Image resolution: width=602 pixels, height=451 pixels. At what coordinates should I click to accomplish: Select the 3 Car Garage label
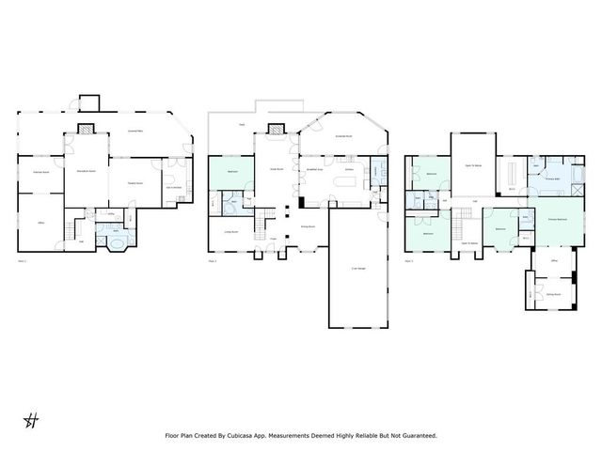(x=358, y=270)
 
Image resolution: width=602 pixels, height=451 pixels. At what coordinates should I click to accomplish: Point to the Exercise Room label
(x=40, y=173)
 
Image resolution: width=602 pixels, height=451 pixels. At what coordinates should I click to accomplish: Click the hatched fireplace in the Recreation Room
(x=86, y=132)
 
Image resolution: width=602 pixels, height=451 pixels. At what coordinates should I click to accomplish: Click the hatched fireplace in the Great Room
(x=276, y=131)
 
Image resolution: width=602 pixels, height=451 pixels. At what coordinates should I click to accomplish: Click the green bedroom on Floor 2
(x=231, y=173)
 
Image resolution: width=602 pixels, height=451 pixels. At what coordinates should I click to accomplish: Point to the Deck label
(x=242, y=123)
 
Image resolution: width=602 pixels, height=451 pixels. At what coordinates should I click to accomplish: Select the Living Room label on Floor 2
(x=230, y=231)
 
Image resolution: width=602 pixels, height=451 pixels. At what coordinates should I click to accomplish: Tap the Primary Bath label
(x=551, y=176)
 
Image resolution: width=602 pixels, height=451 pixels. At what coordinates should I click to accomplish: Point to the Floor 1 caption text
(x=24, y=259)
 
